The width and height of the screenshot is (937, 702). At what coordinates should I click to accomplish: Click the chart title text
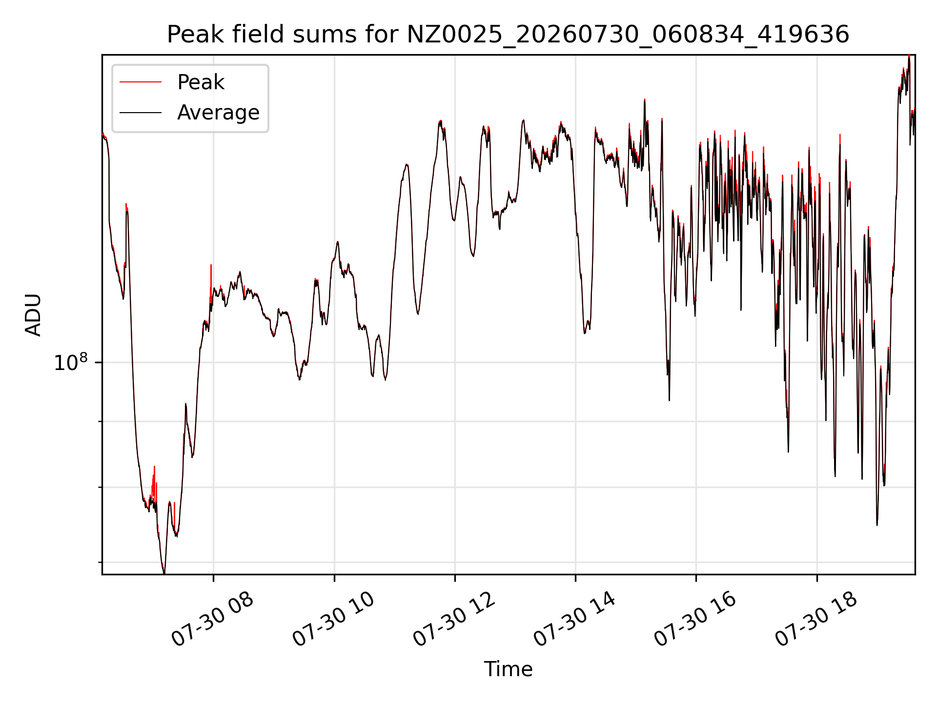(508, 35)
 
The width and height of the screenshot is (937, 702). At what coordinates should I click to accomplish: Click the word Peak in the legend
(201, 82)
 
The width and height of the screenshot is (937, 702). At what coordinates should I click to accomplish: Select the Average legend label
(218, 113)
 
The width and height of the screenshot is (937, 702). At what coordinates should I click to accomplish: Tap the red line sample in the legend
(141, 82)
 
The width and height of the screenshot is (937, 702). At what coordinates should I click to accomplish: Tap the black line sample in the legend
(141, 113)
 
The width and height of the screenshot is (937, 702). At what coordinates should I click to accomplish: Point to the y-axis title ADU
(34, 315)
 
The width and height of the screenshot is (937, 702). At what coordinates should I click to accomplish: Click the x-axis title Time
(508, 669)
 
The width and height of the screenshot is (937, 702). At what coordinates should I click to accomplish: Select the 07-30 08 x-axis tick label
(213, 619)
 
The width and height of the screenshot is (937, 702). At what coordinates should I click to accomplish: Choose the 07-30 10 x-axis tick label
(334, 619)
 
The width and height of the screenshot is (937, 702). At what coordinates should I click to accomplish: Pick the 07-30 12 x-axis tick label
(454, 619)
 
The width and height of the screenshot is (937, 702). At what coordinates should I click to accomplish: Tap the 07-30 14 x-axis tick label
(575, 619)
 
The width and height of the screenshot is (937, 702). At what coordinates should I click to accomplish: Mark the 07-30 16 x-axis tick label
(695, 619)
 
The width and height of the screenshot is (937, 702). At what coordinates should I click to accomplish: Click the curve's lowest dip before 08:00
(164, 573)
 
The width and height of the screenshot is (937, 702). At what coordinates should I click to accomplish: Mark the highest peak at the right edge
(909, 57)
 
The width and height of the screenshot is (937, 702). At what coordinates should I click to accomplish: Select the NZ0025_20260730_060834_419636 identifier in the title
(628, 35)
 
